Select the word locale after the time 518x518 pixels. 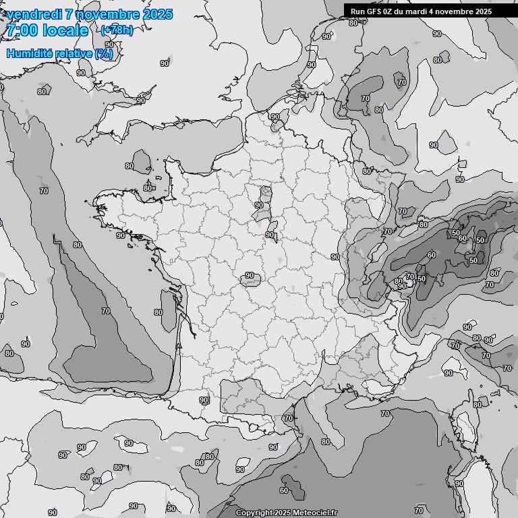tap(65, 30)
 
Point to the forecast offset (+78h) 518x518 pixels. tap(117, 30)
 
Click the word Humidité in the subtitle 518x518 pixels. tap(26, 53)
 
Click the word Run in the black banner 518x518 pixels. tap(357, 11)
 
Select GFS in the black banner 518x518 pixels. tap(373, 11)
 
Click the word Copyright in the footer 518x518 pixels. tap(254, 513)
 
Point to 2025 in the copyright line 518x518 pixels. tap(282, 513)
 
